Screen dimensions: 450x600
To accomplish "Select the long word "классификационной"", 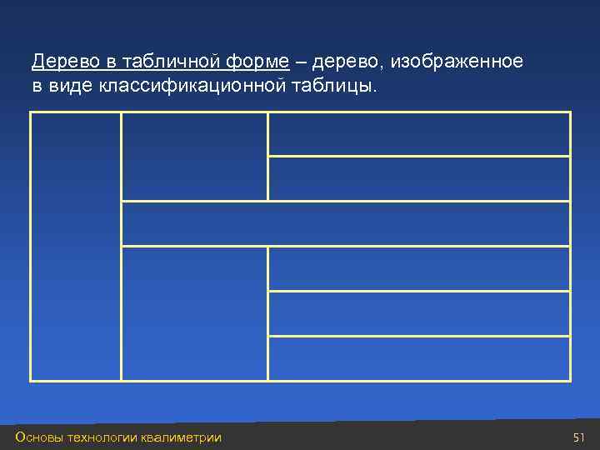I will (187, 87).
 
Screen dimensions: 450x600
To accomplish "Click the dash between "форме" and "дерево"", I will (300, 62).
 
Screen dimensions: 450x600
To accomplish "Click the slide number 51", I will (580, 437).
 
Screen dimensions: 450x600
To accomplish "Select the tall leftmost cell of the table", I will (76, 246).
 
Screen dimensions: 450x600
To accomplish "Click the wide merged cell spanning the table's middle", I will (346, 223).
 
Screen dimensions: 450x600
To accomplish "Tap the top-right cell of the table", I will (418, 133).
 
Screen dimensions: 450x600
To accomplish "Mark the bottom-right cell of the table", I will (418, 358).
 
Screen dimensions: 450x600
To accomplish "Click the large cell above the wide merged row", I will (194, 156).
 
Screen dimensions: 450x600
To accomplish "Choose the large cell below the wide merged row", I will (194, 313).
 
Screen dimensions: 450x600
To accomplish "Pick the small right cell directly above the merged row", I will (418, 178).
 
